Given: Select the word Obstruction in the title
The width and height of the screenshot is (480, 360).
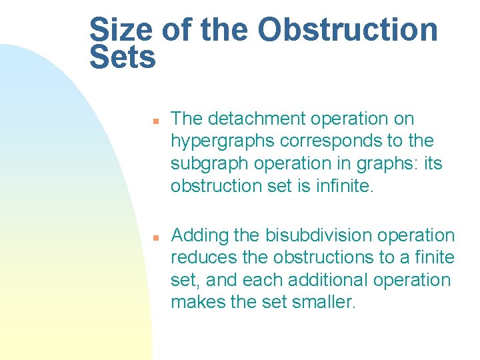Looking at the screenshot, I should (x=348, y=30).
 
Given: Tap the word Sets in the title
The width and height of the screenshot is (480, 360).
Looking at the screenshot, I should (x=123, y=58).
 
